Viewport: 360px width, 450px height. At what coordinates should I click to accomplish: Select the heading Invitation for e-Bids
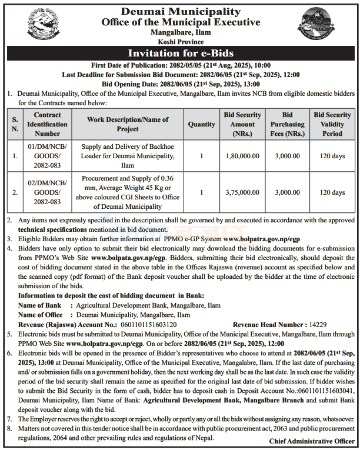[x=181, y=54]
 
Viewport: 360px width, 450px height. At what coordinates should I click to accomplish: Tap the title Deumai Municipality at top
[x=181, y=12]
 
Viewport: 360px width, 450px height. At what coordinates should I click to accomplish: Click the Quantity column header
[x=202, y=125]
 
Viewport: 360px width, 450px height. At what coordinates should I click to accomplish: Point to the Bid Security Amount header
[x=242, y=124]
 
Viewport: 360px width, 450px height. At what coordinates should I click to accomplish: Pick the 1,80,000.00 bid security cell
[x=242, y=156]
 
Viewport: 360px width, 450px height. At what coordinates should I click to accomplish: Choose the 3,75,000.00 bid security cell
[x=242, y=192]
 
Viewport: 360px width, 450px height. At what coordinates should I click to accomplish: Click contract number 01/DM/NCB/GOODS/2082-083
[x=47, y=156]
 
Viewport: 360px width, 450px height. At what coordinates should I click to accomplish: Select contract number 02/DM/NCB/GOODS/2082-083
[x=47, y=192]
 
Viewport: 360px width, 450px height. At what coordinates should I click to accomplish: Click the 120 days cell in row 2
[x=332, y=192]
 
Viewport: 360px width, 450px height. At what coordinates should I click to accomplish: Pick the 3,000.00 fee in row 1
[x=288, y=156]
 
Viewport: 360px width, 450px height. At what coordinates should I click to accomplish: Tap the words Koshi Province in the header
[x=180, y=42]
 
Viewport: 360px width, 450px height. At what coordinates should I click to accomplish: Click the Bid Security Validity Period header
[x=332, y=124]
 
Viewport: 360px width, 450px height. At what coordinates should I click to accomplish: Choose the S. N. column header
[x=15, y=125]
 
